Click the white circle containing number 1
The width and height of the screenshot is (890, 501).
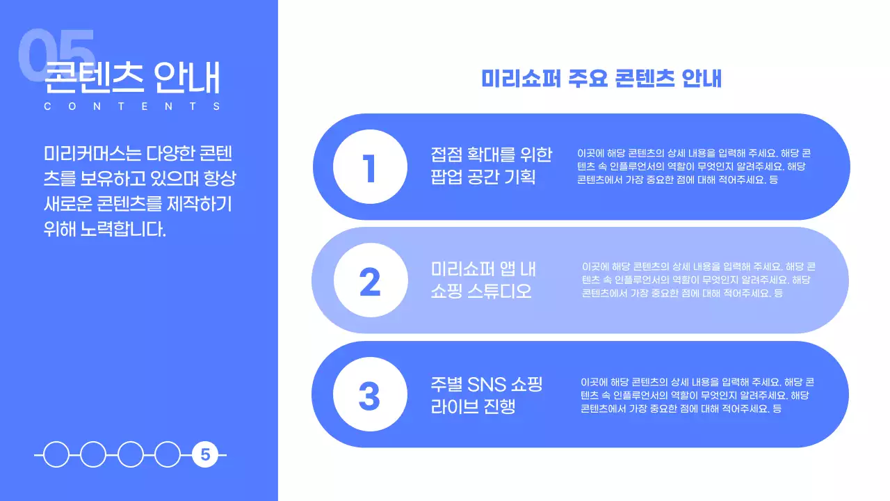[x=370, y=167]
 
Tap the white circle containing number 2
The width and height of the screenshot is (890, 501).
[x=370, y=280]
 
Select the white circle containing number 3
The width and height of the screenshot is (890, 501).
[x=370, y=395]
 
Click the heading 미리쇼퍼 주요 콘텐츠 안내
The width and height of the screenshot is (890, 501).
[x=601, y=78]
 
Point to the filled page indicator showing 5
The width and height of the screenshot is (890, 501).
[x=205, y=455]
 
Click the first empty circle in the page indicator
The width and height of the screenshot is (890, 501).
[x=56, y=455]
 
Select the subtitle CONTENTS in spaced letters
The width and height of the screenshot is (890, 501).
[x=132, y=106]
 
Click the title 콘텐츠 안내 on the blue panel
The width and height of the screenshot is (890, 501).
[x=132, y=78]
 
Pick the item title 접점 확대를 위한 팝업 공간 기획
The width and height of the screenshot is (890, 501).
[x=491, y=166]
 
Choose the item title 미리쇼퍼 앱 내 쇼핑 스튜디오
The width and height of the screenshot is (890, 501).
[x=483, y=280]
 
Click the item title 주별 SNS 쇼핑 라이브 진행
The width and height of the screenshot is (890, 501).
[x=487, y=395]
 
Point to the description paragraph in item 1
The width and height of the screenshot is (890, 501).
[x=693, y=166]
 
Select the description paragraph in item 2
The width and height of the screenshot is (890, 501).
[x=698, y=280]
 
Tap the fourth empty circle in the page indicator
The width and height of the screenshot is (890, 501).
[x=168, y=455]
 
